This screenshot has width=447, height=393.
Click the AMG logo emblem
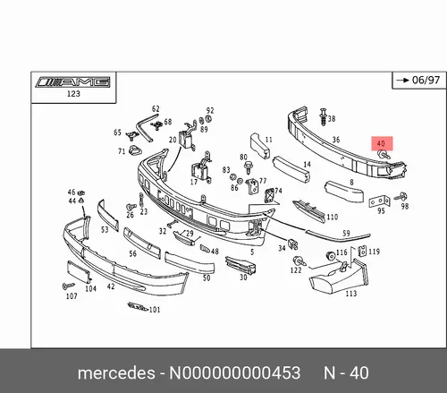click(x=73, y=82)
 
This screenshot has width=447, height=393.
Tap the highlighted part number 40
click(x=381, y=143)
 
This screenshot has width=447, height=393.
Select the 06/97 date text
click(x=426, y=80)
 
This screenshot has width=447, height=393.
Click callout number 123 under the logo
click(x=73, y=94)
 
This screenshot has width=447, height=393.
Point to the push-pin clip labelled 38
click(x=324, y=116)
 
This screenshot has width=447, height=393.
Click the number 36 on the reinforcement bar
click(x=336, y=140)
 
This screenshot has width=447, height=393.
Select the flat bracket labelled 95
click(x=379, y=201)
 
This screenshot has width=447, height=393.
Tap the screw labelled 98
click(x=401, y=197)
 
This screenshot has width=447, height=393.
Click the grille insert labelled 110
click(x=309, y=210)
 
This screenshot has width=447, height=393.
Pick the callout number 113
click(x=351, y=294)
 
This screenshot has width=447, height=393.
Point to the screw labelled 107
click(x=69, y=286)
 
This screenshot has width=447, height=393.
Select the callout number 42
click(x=111, y=286)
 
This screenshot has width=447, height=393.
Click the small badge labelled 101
click(x=138, y=306)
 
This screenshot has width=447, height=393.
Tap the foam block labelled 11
click(x=260, y=145)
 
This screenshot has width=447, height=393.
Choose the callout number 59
click(x=346, y=233)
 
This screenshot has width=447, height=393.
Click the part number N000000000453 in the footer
click(x=235, y=373)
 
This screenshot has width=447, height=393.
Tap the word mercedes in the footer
click(x=116, y=373)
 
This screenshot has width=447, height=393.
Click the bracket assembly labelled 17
click(x=202, y=168)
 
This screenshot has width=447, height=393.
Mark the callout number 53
click(x=105, y=230)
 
